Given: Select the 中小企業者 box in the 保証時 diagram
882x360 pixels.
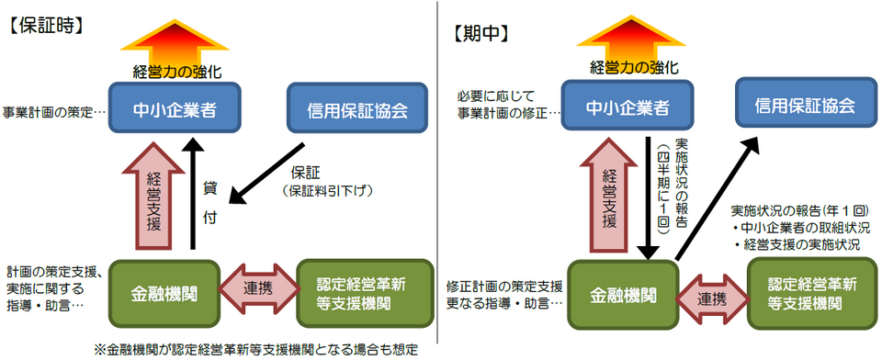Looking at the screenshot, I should coord(174,109).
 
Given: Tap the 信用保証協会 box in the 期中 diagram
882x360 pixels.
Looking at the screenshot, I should coord(796,104).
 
